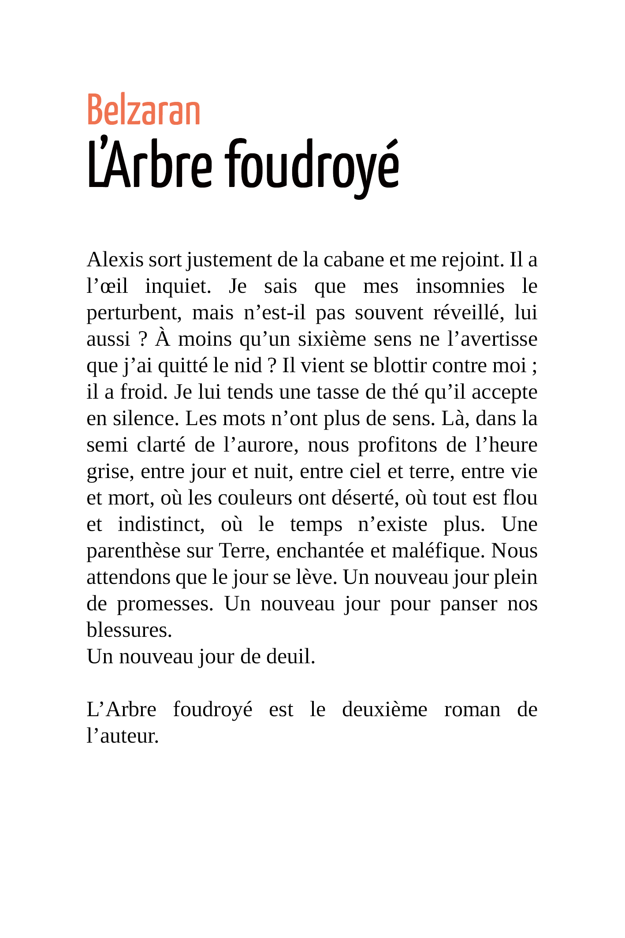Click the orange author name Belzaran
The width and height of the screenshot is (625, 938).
point(144,110)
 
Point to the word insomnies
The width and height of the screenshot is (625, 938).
point(460,286)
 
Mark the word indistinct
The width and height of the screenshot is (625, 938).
point(161,524)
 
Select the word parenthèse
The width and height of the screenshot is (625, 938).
point(134,551)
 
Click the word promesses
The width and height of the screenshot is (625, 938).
point(165,604)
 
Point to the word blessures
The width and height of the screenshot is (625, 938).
point(129,630)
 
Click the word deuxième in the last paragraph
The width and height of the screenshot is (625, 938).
point(384,710)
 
